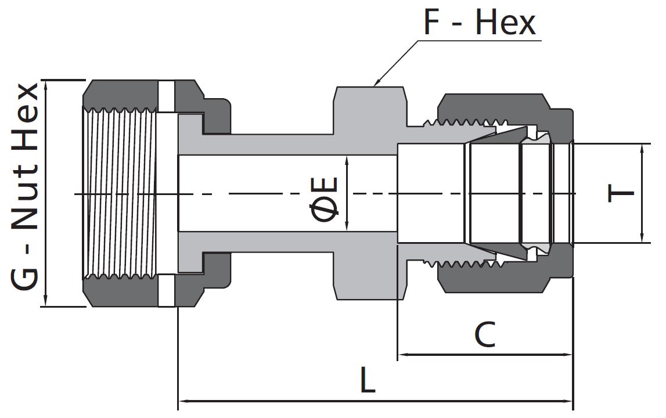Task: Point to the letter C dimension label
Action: point(485,335)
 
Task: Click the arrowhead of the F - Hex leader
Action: point(376,84)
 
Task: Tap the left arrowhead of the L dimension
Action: point(182,400)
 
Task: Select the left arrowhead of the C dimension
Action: point(402,354)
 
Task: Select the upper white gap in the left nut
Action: point(166,96)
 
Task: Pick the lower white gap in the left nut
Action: point(166,290)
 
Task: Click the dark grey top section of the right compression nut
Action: point(494,106)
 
